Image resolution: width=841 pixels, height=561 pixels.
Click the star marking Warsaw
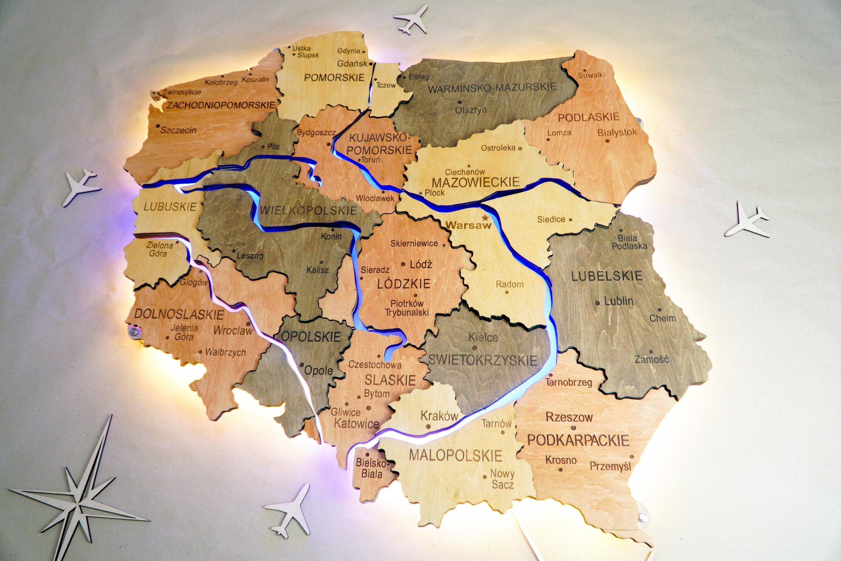click(x=485, y=218)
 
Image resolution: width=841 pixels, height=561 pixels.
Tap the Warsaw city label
click(x=468, y=225)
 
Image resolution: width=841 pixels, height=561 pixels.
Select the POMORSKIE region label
click(x=334, y=78)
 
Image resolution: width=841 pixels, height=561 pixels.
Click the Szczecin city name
click(x=178, y=130)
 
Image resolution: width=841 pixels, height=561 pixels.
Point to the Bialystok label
click(x=617, y=132)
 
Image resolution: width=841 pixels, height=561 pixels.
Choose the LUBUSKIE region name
click(x=170, y=207)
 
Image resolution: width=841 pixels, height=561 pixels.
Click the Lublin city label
click(x=618, y=301)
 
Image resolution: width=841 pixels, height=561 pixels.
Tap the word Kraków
click(x=439, y=416)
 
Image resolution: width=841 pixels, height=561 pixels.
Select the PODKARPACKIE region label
click(x=578, y=440)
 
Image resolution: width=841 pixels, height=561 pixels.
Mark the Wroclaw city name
click(x=233, y=330)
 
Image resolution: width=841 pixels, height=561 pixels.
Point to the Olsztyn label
click(x=471, y=110)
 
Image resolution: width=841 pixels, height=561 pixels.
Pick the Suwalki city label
click(x=591, y=75)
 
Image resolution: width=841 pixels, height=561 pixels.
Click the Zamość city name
click(x=651, y=359)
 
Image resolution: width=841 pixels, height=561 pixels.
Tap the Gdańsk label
click(x=352, y=64)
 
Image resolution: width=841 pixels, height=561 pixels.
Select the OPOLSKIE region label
click(x=311, y=337)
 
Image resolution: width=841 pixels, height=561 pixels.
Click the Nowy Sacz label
click(x=502, y=479)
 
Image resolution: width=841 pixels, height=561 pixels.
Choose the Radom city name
click(x=510, y=284)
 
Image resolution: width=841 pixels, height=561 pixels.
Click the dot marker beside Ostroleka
click(x=520, y=148)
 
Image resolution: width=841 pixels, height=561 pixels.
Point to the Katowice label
click(x=357, y=423)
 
